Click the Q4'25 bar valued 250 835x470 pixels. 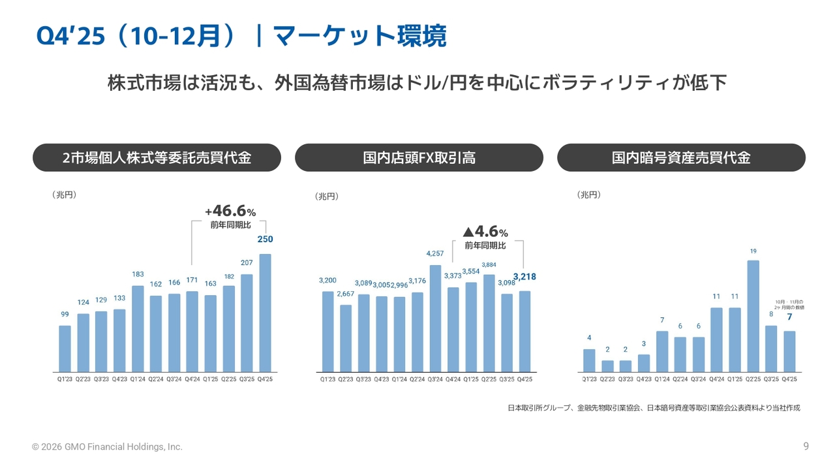(265, 313)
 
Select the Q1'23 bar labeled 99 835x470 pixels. (65, 349)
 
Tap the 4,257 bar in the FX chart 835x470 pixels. (435, 319)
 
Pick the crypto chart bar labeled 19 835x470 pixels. (753, 317)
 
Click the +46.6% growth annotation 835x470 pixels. (230, 211)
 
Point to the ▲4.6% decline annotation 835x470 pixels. (485, 232)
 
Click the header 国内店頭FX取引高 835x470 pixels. (419, 158)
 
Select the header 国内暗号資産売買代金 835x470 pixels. (681, 158)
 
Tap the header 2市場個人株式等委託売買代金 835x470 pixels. (157, 158)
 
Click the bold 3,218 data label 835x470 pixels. (524, 277)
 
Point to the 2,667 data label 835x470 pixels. (345, 294)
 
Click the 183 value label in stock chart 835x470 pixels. (138, 274)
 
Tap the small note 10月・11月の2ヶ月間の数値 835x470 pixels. (789, 304)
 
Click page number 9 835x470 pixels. (806, 446)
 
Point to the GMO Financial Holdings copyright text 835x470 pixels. (108, 447)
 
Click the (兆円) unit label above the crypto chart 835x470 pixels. (588, 195)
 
